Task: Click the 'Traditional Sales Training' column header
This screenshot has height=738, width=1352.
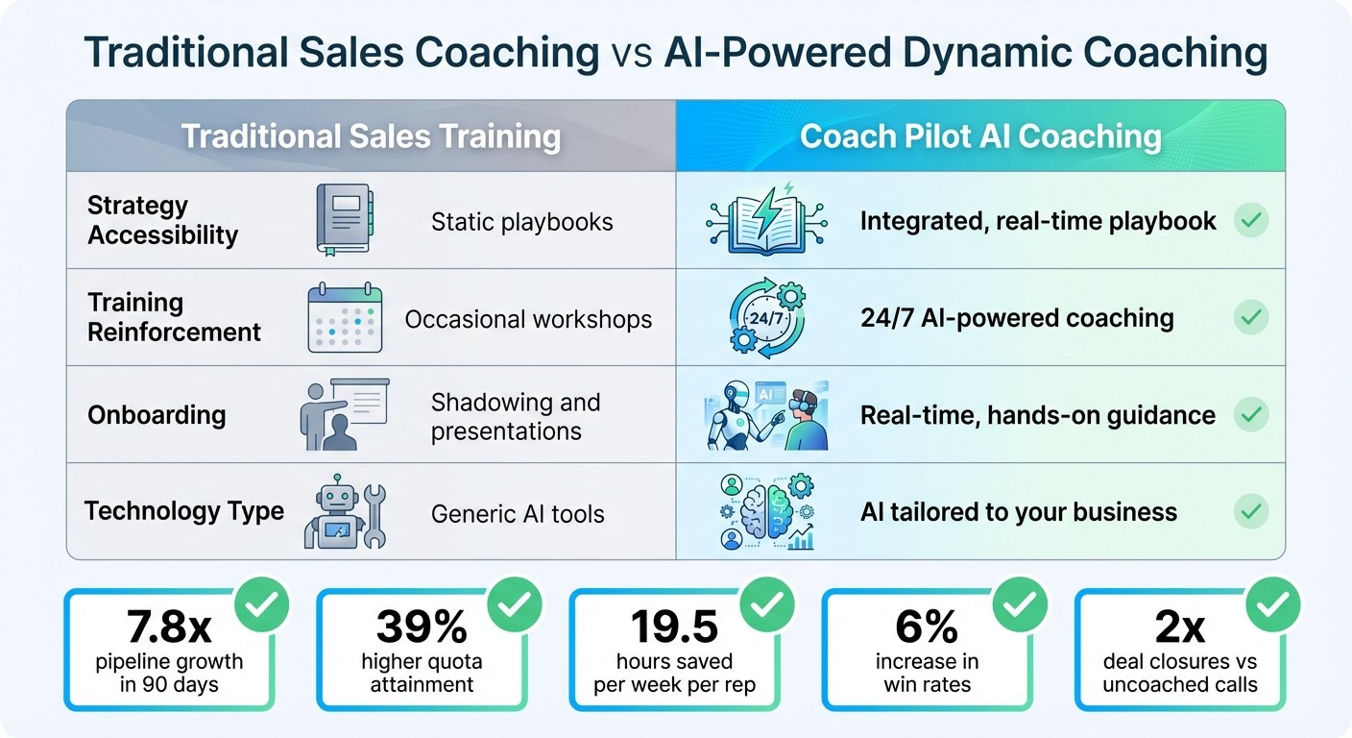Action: point(371,135)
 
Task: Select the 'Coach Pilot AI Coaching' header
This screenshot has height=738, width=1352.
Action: point(980,135)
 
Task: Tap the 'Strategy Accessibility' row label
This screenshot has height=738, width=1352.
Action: point(162,220)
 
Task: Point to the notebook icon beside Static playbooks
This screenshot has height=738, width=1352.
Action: point(344,220)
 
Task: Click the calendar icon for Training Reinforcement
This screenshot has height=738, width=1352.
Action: point(345,318)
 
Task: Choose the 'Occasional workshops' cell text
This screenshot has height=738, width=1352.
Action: point(528,319)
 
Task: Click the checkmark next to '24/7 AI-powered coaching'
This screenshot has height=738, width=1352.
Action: point(1250,317)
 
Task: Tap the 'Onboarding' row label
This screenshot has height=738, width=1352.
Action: point(157,415)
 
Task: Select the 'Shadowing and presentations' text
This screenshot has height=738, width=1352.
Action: point(516,416)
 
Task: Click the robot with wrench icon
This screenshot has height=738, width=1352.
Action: point(344,511)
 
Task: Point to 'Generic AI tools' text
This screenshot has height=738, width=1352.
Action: point(518,513)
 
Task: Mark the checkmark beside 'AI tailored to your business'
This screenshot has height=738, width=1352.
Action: point(1250,511)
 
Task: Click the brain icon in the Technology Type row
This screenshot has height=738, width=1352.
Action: point(765,511)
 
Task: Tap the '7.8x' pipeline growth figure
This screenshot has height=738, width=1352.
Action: point(169,627)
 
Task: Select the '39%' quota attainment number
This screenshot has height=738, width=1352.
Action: point(422,627)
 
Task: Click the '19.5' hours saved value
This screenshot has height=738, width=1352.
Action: point(674,627)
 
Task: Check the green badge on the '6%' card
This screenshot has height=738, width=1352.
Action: point(1020,603)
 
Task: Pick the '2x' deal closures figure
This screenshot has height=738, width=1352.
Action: point(1179,627)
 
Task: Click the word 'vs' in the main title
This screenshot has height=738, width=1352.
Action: point(631,54)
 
